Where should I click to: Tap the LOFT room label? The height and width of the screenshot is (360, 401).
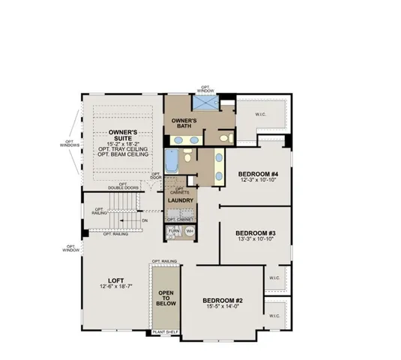click(x=115, y=280)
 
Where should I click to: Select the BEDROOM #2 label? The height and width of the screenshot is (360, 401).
click(x=222, y=301)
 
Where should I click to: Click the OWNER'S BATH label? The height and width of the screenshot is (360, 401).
click(x=184, y=124)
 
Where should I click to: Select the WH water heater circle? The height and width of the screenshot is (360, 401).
click(x=189, y=231)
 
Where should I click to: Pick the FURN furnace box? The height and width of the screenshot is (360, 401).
click(x=174, y=232)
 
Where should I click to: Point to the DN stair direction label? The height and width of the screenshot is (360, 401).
click(x=144, y=220)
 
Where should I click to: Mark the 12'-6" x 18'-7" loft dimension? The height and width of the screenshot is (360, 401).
click(x=115, y=286)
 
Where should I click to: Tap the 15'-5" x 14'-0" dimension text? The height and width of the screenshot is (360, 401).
click(x=222, y=307)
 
